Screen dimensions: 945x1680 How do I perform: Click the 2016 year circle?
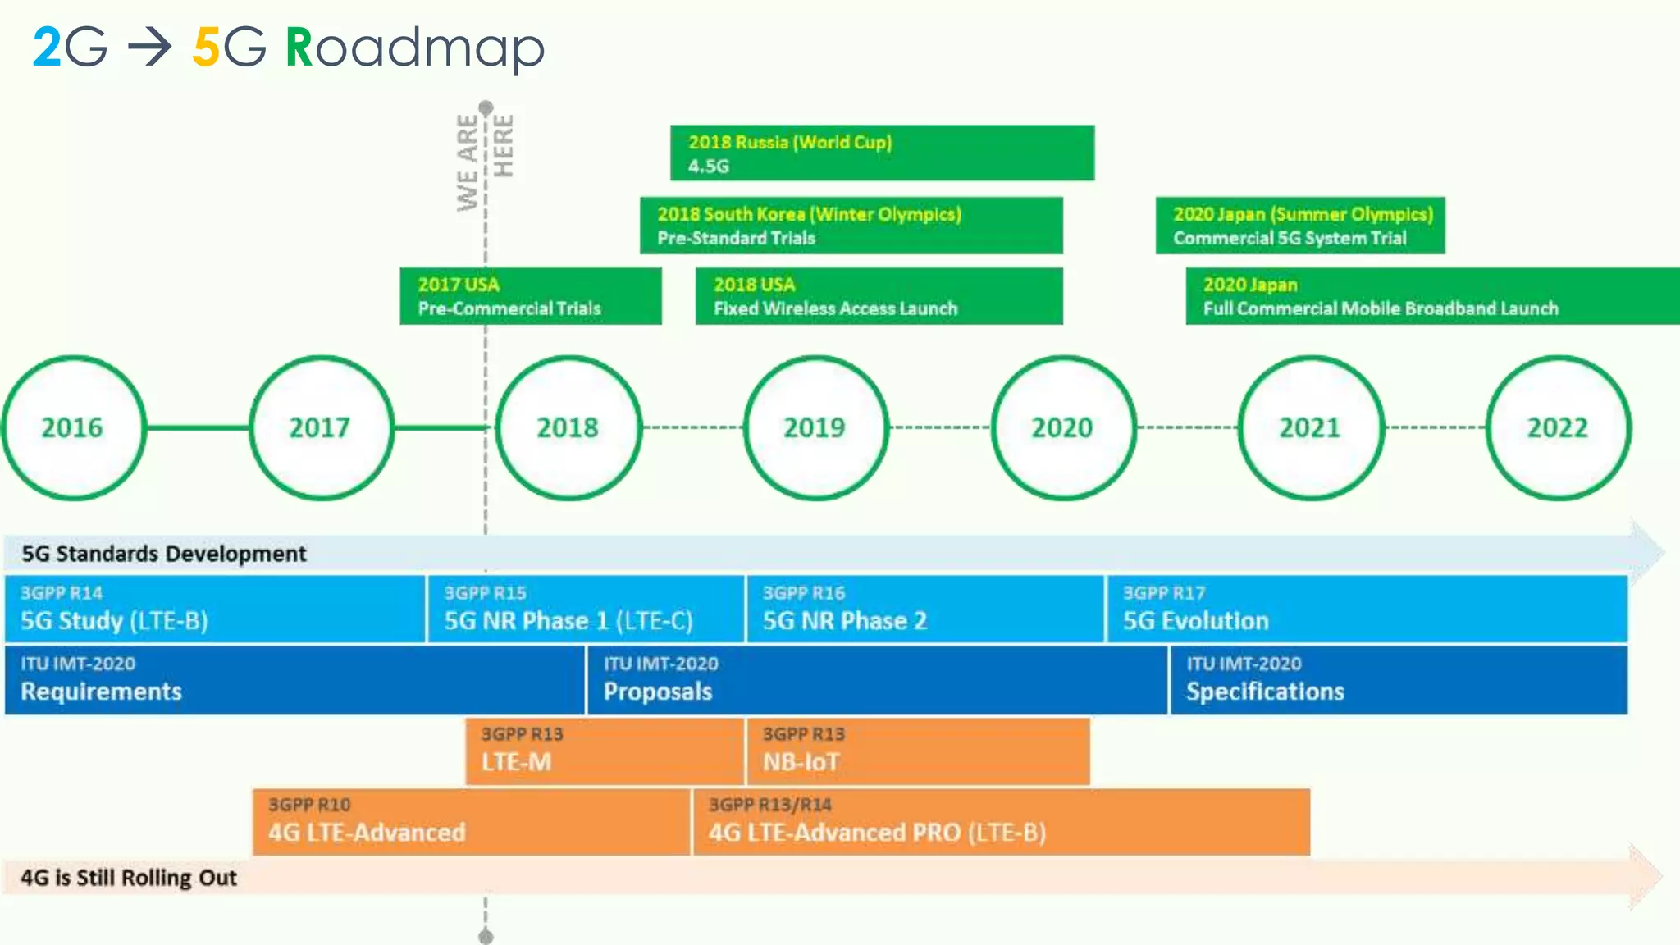tap(74, 427)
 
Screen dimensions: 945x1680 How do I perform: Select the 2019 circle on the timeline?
tap(815, 427)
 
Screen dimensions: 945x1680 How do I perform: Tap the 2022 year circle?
tap(1558, 427)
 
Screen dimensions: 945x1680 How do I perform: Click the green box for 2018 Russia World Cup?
tap(882, 153)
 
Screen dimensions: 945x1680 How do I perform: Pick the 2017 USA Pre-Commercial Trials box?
tap(530, 296)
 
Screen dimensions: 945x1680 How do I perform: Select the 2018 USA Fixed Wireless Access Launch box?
tap(879, 296)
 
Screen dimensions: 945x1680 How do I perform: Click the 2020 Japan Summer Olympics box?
tap(1299, 226)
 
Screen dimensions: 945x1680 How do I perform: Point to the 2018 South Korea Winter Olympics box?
tap(851, 226)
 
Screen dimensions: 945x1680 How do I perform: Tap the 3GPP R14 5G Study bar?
tap(215, 609)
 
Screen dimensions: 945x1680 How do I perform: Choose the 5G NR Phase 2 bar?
tap(924, 609)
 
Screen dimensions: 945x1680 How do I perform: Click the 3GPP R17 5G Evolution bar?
tap(1367, 609)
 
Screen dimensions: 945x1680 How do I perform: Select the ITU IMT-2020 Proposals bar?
tap(876, 679)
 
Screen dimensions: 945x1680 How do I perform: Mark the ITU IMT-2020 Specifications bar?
tap(1398, 679)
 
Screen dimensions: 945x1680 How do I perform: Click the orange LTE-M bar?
tap(604, 750)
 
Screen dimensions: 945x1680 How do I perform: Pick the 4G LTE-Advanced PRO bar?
tap(1001, 821)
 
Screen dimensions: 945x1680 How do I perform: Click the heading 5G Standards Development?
tap(164, 554)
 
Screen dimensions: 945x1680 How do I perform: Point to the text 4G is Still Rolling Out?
tap(129, 878)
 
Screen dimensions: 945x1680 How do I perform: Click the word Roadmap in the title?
tap(415, 48)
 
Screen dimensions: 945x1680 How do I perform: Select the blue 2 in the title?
tap(46, 48)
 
